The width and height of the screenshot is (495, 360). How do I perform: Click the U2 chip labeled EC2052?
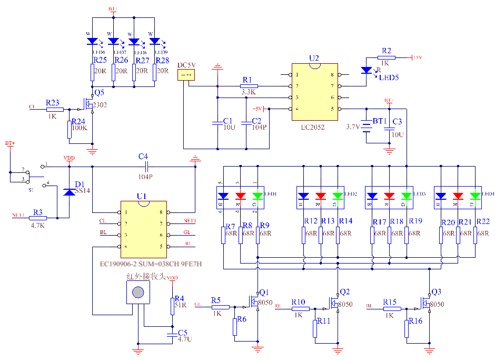(x=315, y=92)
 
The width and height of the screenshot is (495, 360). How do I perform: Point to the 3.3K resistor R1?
(x=249, y=86)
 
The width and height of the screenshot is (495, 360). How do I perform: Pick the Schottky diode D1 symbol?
(x=69, y=192)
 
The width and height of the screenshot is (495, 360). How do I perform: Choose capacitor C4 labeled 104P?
(x=143, y=167)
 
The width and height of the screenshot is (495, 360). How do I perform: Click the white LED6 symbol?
(x=93, y=41)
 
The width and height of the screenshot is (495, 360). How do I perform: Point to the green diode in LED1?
(x=257, y=197)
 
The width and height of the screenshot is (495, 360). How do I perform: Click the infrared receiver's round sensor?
(x=138, y=292)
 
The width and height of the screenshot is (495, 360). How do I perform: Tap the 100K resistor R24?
(x=70, y=129)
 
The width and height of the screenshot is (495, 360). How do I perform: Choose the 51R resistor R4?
(x=172, y=306)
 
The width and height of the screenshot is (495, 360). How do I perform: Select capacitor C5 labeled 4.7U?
(x=172, y=335)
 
